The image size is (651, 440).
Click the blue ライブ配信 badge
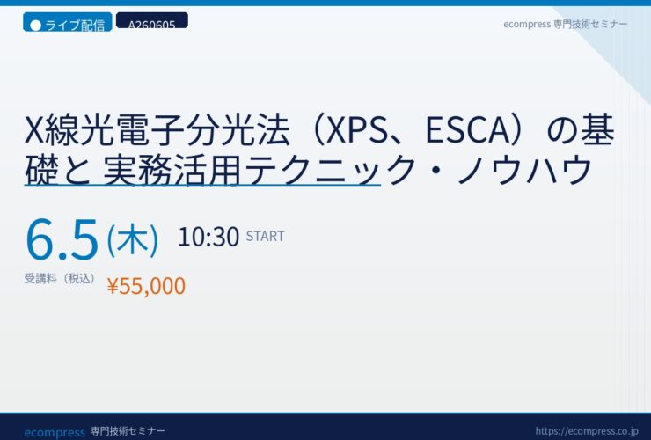coord(67,22)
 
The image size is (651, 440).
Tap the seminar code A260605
coord(152,25)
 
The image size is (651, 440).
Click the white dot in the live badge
coord(36,26)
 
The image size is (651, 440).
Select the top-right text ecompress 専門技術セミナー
coord(565,24)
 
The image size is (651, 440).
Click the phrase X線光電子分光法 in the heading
coord(157,130)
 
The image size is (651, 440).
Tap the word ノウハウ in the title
coord(524,169)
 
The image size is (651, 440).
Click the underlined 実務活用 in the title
coord(172,169)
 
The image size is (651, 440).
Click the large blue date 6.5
coord(62,239)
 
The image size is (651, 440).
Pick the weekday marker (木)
coord(133,239)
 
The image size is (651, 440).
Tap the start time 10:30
coord(208,237)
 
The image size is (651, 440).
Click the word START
coord(266,237)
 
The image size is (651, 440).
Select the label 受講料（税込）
coord(60,278)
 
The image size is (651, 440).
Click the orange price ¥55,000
coord(146,286)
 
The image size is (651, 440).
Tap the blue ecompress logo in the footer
coord(55,433)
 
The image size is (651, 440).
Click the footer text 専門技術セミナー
coord(128,431)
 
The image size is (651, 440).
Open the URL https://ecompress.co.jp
coord(587,431)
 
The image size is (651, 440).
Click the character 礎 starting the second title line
coord(41,169)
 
